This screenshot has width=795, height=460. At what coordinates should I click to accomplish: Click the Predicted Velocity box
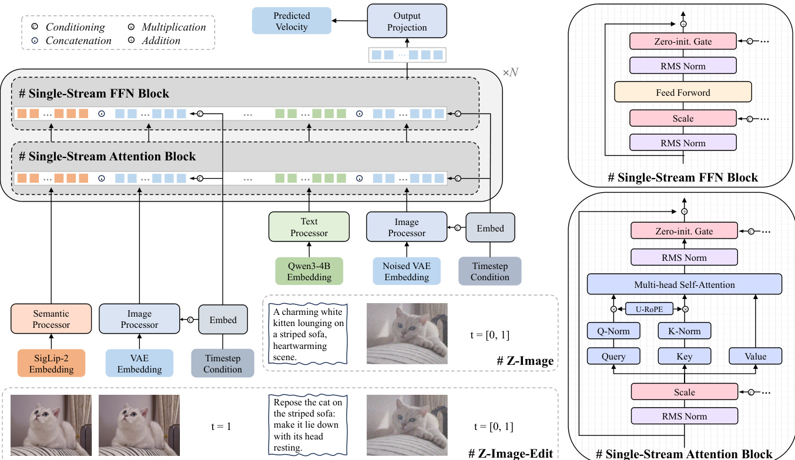pos(291,21)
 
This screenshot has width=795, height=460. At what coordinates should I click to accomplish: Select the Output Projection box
pos(407,21)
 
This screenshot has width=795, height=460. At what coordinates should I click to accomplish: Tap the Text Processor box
pos(309,227)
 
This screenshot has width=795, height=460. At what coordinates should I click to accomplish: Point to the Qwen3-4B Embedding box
pos(309,271)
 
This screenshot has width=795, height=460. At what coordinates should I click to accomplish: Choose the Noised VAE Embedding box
pos(407,271)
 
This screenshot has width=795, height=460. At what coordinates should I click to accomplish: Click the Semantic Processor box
pos(51,319)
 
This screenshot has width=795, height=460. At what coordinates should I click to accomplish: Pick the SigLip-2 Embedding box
pos(51,363)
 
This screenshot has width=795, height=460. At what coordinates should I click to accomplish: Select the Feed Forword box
pos(683,92)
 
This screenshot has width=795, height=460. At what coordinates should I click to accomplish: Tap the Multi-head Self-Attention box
pos(684,284)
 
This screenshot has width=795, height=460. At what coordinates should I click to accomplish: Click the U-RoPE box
pos(649,307)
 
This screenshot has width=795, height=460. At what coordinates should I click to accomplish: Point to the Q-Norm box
pos(613,331)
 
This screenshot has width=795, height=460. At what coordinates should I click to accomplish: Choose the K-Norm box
pos(684,331)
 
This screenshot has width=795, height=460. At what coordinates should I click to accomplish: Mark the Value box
pos(755,356)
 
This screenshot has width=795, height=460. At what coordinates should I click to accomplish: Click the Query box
pos(613,356)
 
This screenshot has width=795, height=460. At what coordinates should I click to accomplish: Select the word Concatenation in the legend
pos(78,41)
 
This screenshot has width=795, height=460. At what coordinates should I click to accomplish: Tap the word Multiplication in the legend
pos(174,27)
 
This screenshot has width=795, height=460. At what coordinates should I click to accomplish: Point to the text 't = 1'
pos(221,426)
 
